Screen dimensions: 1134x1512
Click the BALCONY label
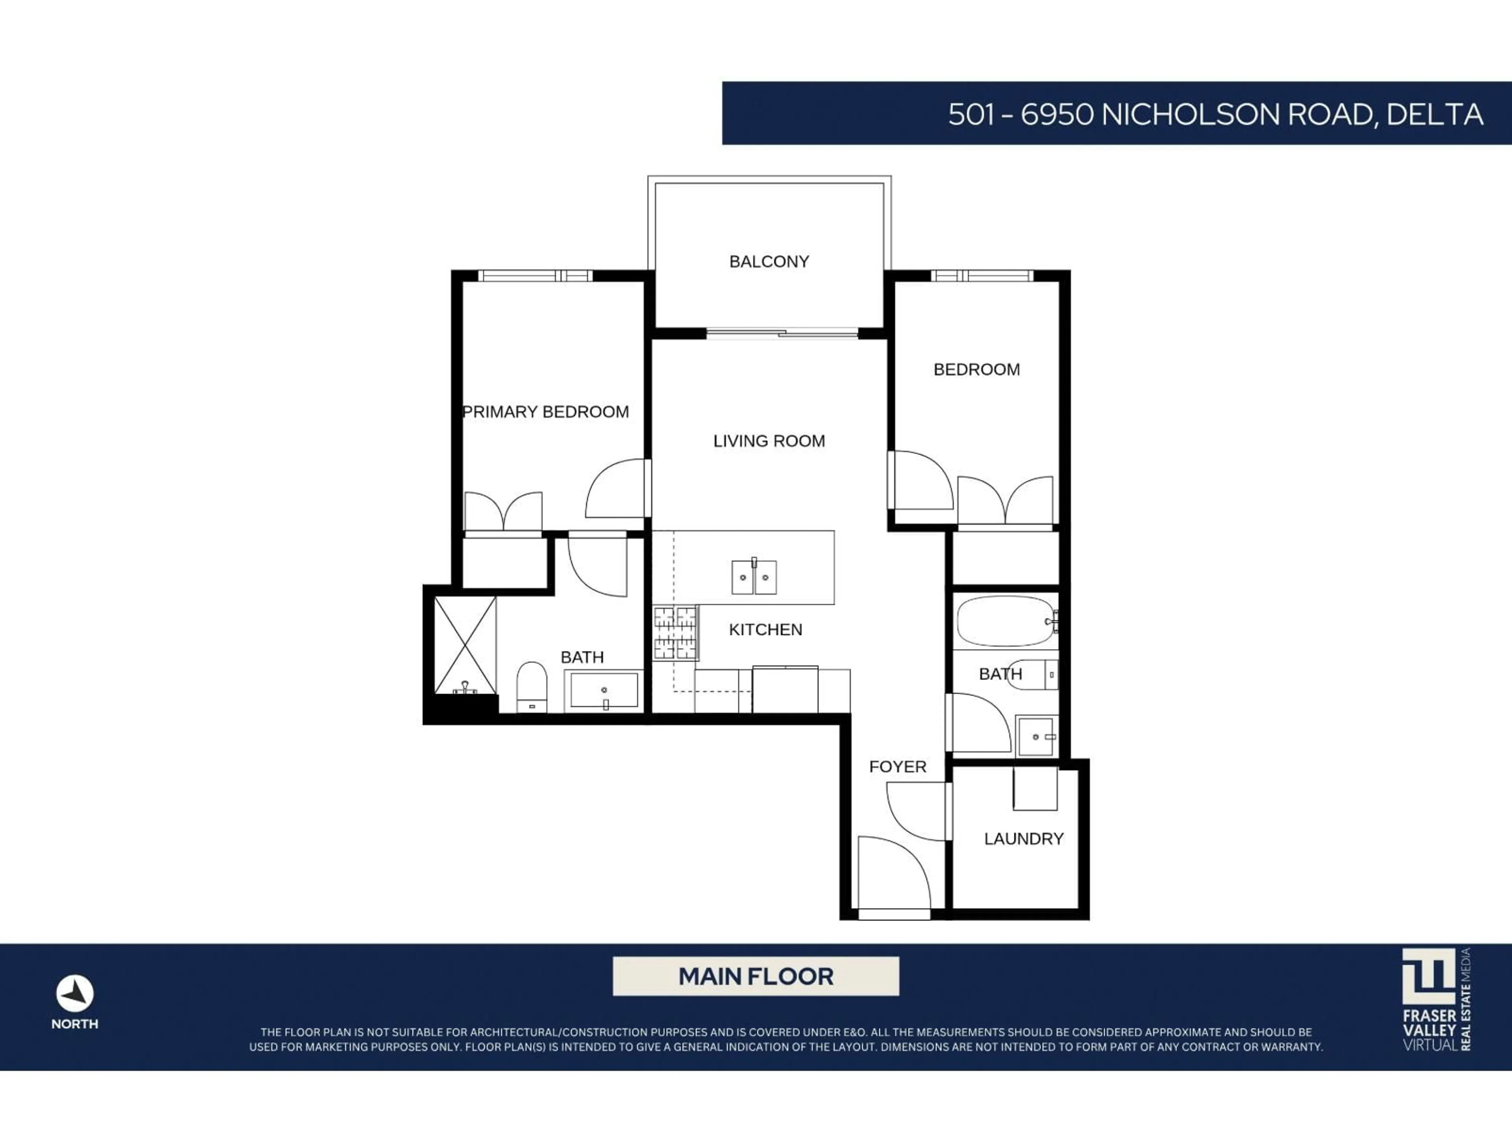tap(769, 262)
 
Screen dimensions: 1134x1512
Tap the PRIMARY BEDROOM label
tap(545, 412)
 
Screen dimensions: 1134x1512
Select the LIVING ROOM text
tap(769, 441)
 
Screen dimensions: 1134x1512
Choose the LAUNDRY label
tap(1023, 839)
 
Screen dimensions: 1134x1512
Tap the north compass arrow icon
tap(74, 993)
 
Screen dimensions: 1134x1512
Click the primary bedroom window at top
tap(535, 276)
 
